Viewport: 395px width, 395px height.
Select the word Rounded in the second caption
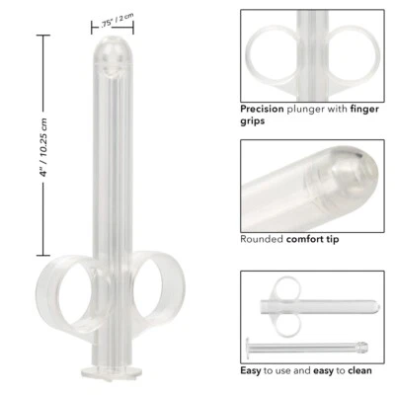[x=263, y=238]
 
